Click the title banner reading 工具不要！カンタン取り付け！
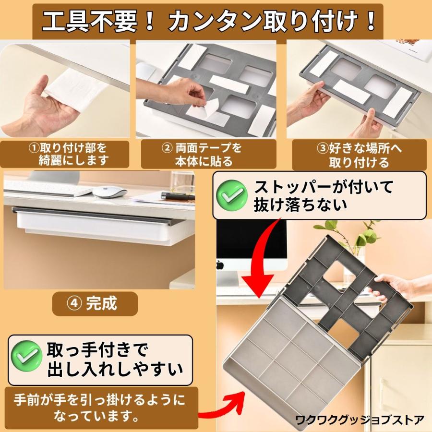click(x=208, y=22)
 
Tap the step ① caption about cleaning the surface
click(x=65, y=154)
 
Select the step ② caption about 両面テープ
click(x=209, y=154)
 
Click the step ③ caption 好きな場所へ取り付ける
click(x=359, y=155)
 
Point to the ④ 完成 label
click(x=95, y=304)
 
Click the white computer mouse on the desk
click(x=109, y=192)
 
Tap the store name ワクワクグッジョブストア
click(x=360, y=420)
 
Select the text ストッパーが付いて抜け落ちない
click(x=323, y=196)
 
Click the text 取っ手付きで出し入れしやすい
click(x=115, y=360)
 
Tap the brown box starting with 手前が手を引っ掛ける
click(x=101, y=408)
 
